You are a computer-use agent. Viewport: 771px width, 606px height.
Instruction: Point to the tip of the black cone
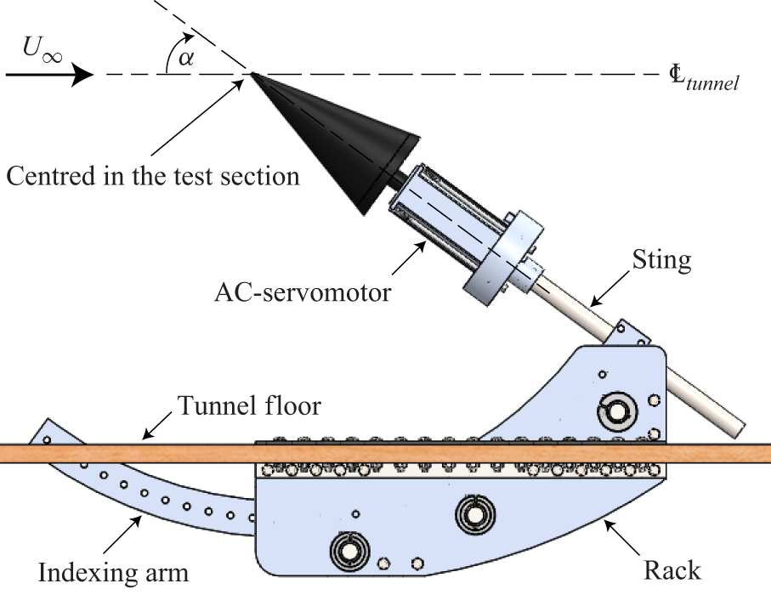coord(252,74)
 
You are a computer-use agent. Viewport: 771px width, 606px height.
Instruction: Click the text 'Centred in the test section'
coord(153,176)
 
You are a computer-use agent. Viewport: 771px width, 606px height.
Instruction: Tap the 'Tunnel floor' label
coord(248,406)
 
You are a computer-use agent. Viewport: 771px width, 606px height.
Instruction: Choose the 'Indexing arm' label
coord(113,571)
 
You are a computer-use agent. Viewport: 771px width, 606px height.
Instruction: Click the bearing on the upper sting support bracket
coord(617,411)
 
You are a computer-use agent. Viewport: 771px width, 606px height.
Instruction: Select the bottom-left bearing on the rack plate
coord(348,552)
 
